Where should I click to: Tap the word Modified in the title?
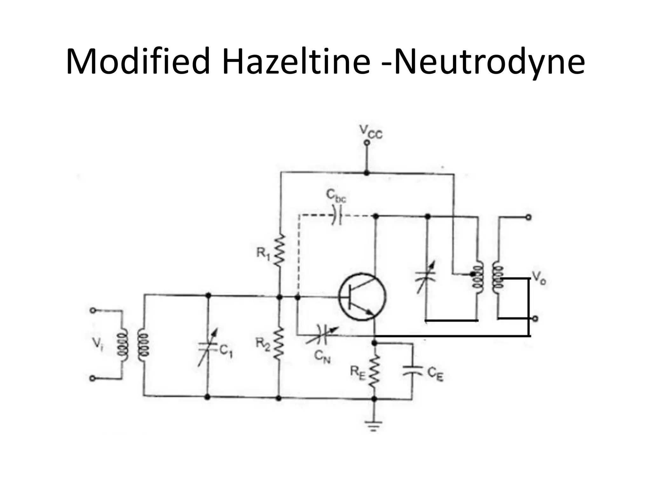pyautogui.click(x=138, y=61)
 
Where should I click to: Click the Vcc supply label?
pyautogui.click(x=371, y=132)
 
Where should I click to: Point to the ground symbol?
pyautogui.click(x=374, y=426)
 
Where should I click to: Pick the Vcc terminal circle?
pyautogui.click(x=367, y=143)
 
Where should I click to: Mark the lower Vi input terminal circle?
pyautogui.click(x=93, y=378)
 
